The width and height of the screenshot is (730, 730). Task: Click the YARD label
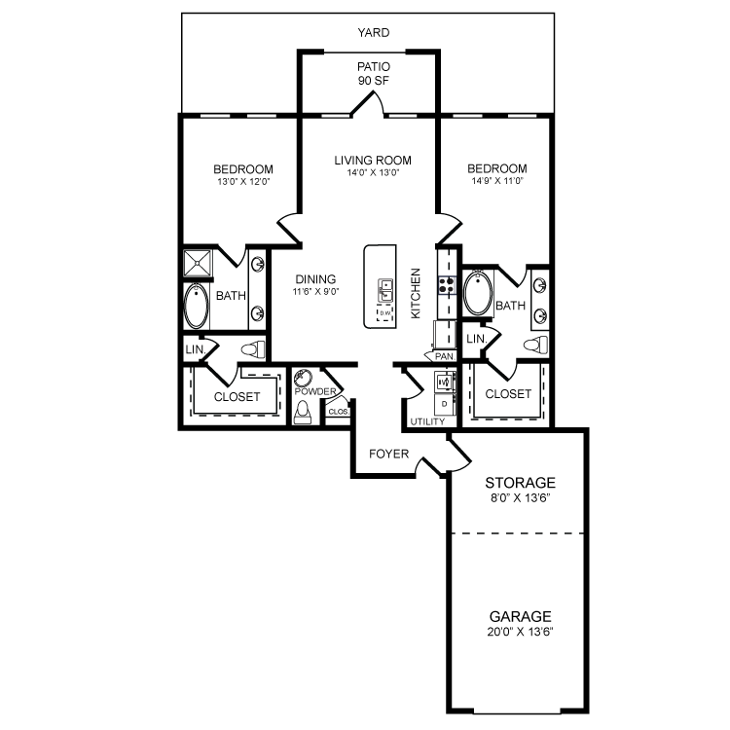372,32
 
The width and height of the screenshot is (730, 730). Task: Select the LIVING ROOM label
372,161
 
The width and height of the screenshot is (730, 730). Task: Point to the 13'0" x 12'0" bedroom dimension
242,181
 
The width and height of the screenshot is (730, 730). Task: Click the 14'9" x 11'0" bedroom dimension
496,181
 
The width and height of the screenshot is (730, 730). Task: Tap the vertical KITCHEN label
415,293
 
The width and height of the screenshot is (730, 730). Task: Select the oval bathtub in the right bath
478,294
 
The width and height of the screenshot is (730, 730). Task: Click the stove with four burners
446,285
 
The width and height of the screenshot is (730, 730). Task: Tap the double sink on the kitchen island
384,289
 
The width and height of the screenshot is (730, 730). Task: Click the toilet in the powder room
302,413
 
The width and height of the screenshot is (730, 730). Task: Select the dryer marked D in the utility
444,402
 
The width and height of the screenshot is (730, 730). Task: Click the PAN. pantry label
445,356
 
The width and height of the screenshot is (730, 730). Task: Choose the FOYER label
387,455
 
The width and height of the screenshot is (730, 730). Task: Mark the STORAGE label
520,482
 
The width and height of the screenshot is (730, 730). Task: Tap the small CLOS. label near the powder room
337,412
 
